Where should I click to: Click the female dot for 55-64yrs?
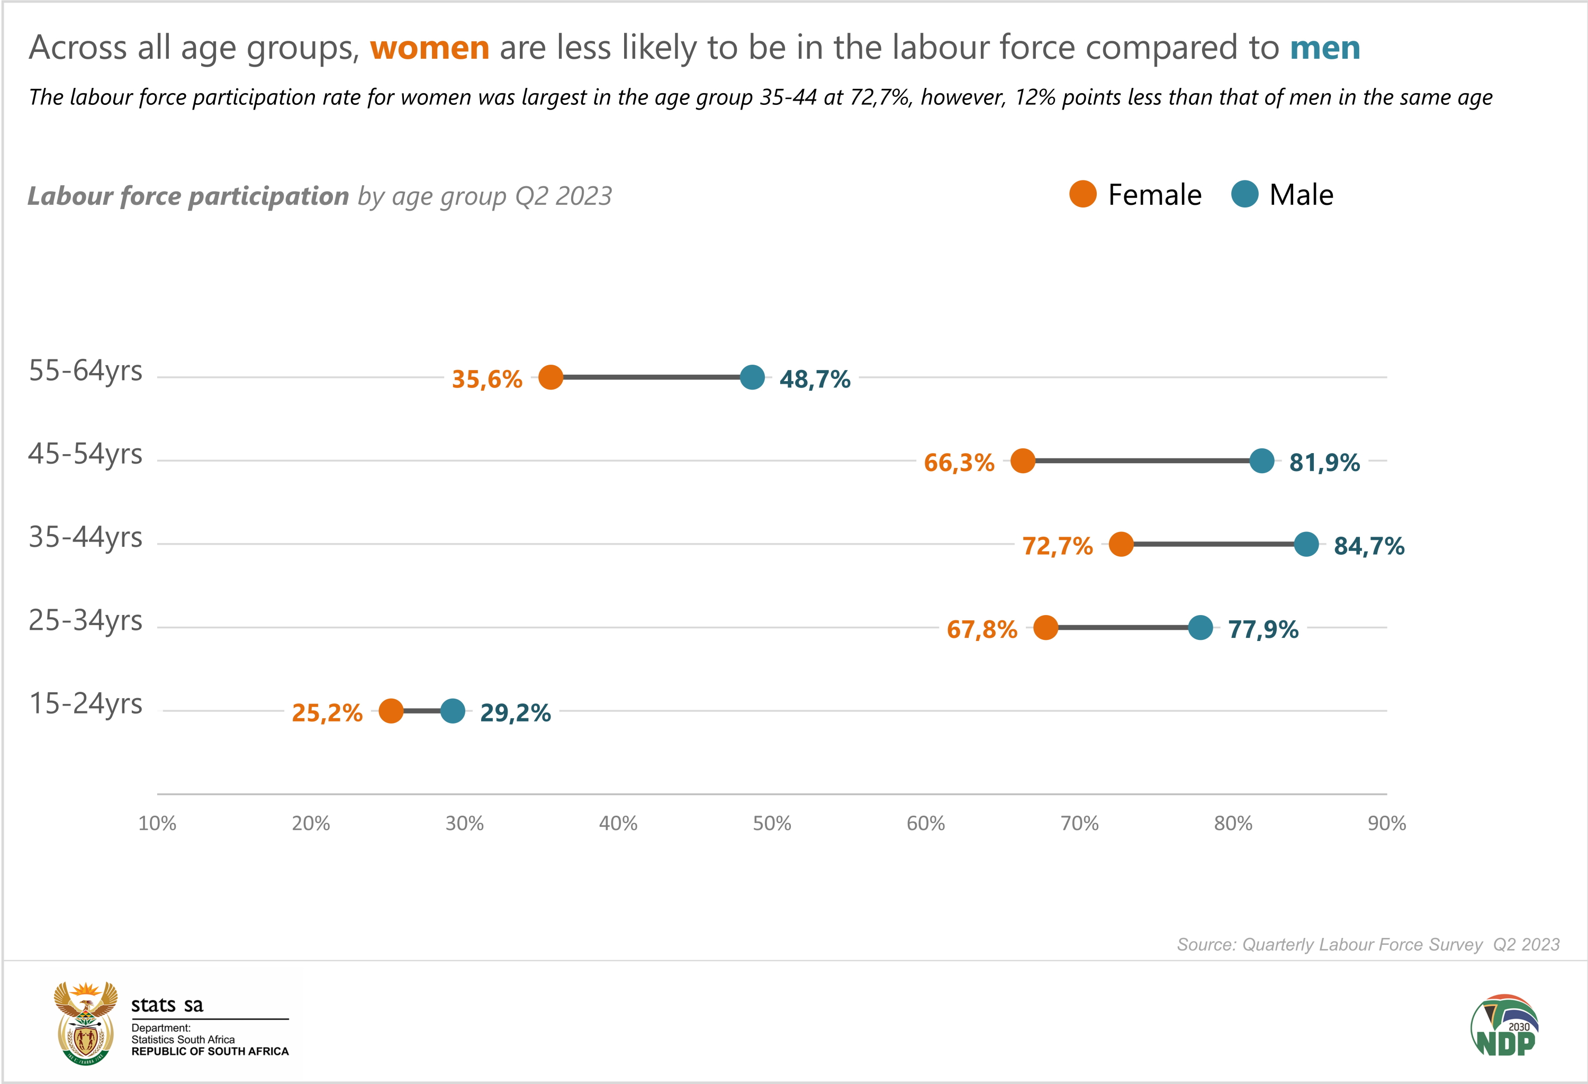coord(551,377)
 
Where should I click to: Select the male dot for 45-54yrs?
coord(1261,461)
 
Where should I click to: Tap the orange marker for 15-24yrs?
coord(391,711)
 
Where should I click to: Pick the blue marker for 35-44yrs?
coord(1306,545)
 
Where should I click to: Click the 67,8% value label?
coord(982,629)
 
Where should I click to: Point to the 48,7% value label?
coord(815,379)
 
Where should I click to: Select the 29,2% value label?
coord(515,713)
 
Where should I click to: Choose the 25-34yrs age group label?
coord(85,621)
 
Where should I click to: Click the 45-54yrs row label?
coord(85,454)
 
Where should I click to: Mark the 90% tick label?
coord(1386,824)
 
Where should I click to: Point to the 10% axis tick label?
coord(157,824)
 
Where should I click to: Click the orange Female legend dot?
coord(1083,195)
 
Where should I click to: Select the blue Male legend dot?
coord(1244,195)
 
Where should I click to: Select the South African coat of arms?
coord(85,1023)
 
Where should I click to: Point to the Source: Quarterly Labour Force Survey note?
coord(1368,945)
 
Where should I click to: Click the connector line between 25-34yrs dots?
coord(1123,628)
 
